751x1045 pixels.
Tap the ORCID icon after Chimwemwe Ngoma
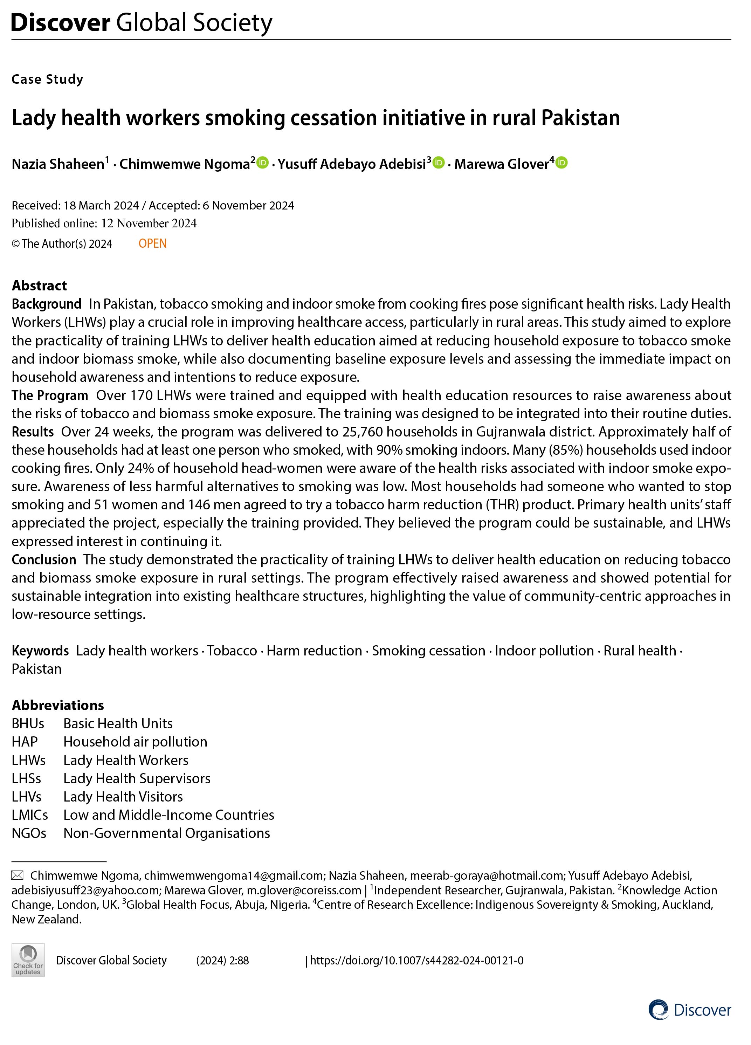pyautogui.click(x=263, y=163)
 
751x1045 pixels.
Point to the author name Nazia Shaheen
pyautogui.click(x=58, y=164)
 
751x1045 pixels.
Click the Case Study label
pyautogui.click(x=47, y=79)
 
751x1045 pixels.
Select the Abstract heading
pyautogui.click(x=40, y=286)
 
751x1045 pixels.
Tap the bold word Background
pyautogui.click(x=47, y=304)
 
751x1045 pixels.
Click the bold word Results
pyautogui.click(x=33, y=432)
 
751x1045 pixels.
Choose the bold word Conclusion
pyautogui.click(x=44, y=559)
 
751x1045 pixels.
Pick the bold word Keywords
pyautogui.click(x=40, y=651)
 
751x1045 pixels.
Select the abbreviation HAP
pyautogui.click(x=25, y=742)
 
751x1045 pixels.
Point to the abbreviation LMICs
pyautogui.click(x=30, y=814)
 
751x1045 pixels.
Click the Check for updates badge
pyautogui.click(x=28, y=960)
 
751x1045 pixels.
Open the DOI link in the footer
pyautogui.click(x=416, y=960)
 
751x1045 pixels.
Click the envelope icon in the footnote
pyautogui.click(x=18, y=875)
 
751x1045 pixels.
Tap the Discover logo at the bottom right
pyautogui.click(x=690, y=1010)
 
